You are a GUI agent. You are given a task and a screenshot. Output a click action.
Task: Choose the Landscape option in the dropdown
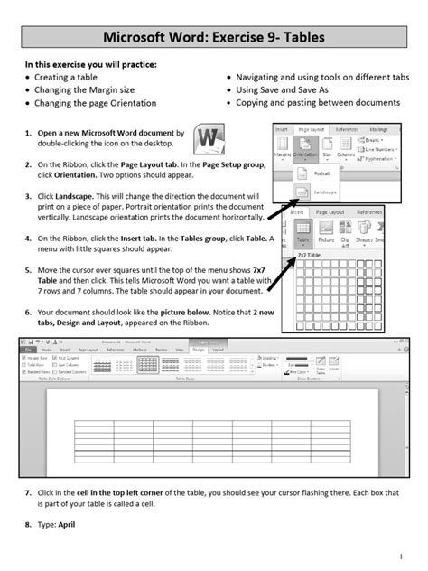(x=323, y=192)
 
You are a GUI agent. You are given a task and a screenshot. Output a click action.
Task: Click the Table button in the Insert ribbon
(x=302, y=231)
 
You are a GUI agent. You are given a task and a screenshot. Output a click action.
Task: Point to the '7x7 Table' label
(x=310, y=256)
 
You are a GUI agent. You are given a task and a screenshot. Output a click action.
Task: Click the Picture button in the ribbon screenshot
(x=326, y=231)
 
